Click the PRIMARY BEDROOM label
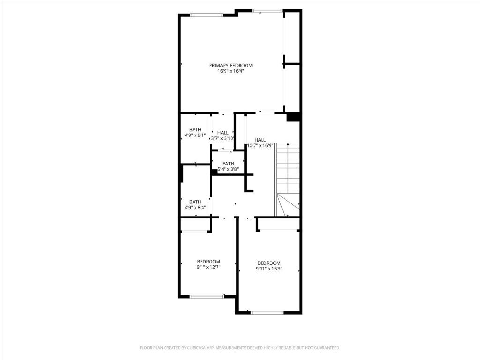coord(231,65)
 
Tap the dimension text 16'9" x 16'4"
coord(231,71)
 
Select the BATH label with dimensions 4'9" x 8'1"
coord(195,129)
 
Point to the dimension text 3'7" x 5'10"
coord(223,138)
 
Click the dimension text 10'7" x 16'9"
coord(260,146)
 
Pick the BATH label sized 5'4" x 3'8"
coord(228,164)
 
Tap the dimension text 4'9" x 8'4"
coord(195,208)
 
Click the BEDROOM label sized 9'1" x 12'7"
coord(209,262)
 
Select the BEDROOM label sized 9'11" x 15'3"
coord(269,263)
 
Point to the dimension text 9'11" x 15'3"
coord(269,269)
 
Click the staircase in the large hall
coord(287,180)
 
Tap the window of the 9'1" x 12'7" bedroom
coord(207,296)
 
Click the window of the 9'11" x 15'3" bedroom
coord(267,313)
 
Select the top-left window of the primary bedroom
coord(207,15)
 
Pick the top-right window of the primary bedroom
coord(267,11)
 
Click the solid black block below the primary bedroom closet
coord(293,117)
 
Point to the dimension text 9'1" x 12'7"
coord(209,267)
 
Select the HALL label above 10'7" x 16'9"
coord(260,140)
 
